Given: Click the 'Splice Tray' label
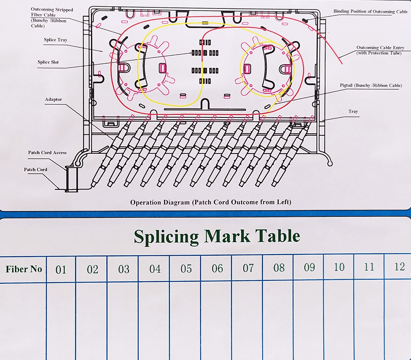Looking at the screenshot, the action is (56, 40).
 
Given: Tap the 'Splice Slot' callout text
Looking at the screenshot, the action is (48, 62).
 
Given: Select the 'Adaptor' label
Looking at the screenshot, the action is (53, 99).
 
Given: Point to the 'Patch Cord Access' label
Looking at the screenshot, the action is (47, 153).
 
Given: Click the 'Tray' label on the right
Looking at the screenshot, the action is (353, 111).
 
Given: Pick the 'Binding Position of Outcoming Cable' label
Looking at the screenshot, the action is (371, 11).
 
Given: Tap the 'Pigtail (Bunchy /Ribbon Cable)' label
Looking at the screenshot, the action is (371, 85).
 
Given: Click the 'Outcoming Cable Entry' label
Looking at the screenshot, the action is (380, 48).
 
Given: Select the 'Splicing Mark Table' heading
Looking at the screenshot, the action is (217, 237).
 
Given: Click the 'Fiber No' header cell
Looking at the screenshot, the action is (24, 269).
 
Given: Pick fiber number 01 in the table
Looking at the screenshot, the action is (61, 270).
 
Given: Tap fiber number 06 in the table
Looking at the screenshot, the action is (217, 269).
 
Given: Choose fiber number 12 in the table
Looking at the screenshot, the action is (399, 267).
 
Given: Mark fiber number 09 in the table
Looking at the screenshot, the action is (309, 267).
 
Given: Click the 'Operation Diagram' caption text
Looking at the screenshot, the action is (160, 202).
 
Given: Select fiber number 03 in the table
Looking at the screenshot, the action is (124, 269).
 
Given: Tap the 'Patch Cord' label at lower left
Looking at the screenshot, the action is (36, 170).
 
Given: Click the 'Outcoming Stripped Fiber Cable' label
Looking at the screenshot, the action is (52, 18).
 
